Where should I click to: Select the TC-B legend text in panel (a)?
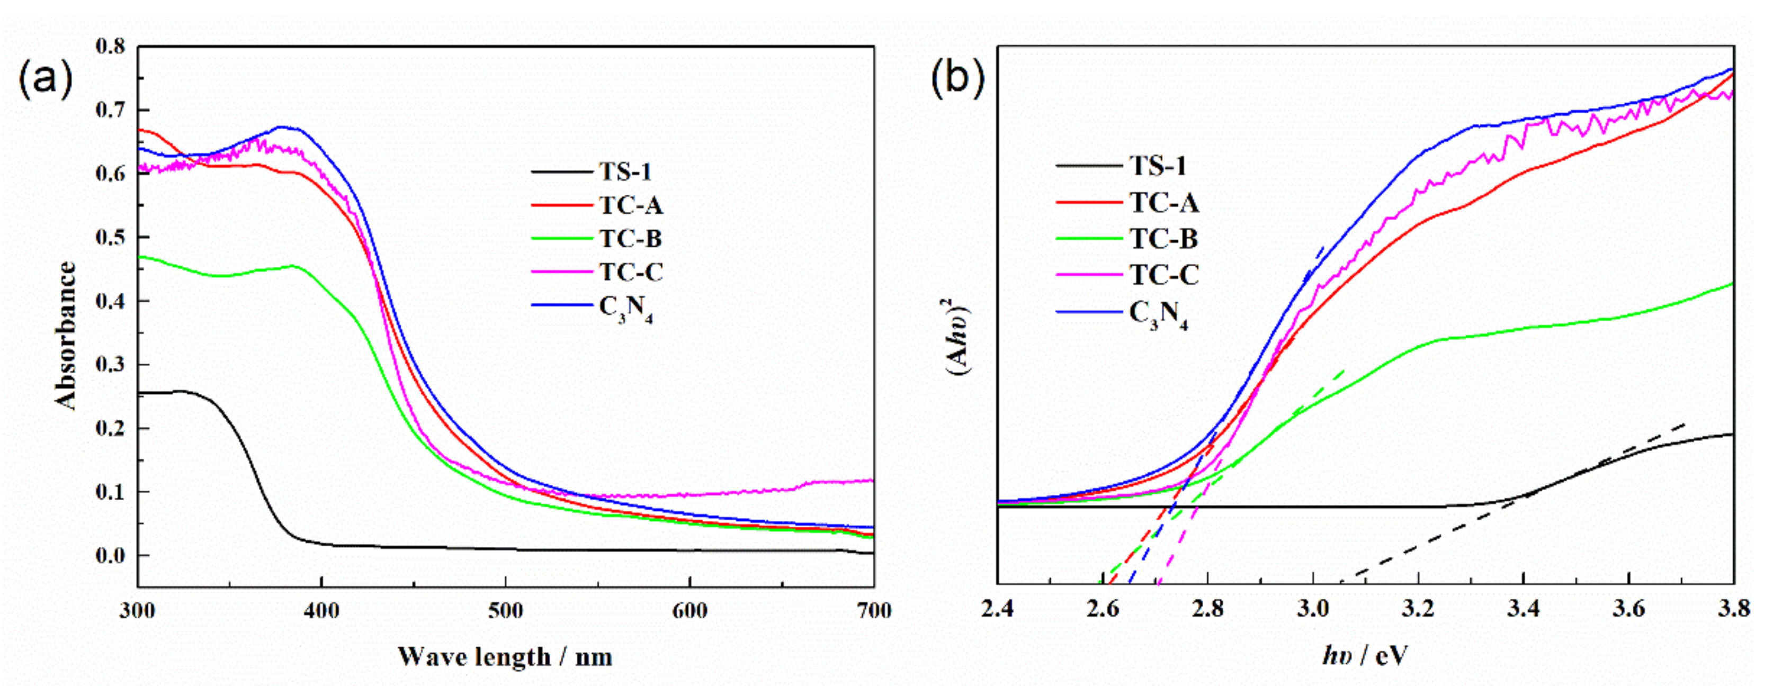pos(630,239)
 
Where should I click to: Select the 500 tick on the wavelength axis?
pos(506,611)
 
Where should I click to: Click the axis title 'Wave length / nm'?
pos(505,656)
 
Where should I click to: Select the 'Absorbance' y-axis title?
pos(66,335)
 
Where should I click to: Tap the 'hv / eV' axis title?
pos(1364,655)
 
